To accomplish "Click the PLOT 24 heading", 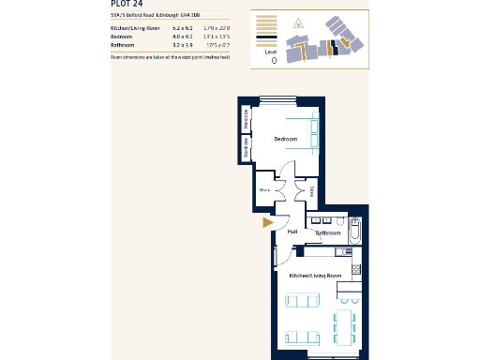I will [x=127, y=4].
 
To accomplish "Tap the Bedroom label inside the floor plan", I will [x=285, y=140].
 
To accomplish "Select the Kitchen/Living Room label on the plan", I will [x=312, y=276].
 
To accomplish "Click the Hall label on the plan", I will [x=292, y=232].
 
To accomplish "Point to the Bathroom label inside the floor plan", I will [x=328, y=232].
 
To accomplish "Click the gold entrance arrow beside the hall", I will [x=267, y=223].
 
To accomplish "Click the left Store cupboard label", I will [x=264, y=190].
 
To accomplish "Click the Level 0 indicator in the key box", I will [x=273, y=57].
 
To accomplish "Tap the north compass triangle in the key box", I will [x=299, y=23].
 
